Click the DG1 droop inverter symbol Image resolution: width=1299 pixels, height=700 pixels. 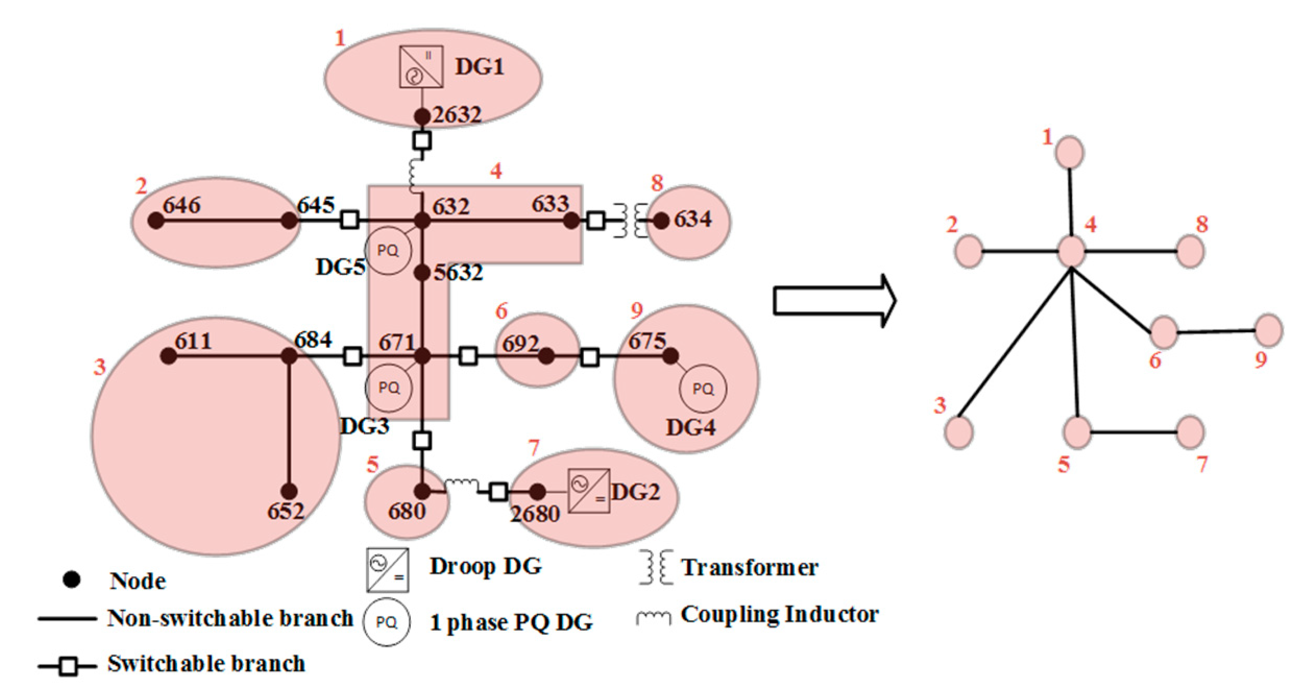pyautogui.click(x=421, y=67)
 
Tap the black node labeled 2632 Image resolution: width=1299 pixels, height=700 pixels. pyautogui.click(x=422, y=116)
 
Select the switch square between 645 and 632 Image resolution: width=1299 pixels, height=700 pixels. pyautogui.click(x=349, y=220)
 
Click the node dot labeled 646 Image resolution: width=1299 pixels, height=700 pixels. pyautogui.click(x=155, y=221)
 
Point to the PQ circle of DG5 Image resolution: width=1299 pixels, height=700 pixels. pyautogui.click(x=388, y=251)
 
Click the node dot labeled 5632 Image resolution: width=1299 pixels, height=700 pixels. pyautogui.click(x=422, y=272)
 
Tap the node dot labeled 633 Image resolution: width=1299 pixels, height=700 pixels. pyautogui.click(x=571, y=221)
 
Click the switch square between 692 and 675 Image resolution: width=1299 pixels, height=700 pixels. pyautogui.click(x=590, y=357)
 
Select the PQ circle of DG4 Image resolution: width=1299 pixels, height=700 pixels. pyautogui.click(x=703, y=389)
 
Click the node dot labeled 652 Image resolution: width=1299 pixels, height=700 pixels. pyautogui.click(x=289, y=491)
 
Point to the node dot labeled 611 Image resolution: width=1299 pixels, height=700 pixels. pyautogui.click(x=168, y=356)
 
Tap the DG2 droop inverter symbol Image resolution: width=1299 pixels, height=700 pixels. pyautogui.click(x=589, y=491)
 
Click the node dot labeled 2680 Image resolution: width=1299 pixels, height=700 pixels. pyautogui.click(x=537, y=491)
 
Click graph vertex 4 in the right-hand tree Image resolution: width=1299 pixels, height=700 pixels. pyautogui.click(x=1071, y=251)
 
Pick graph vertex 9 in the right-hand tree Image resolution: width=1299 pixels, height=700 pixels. pyautogui.click(x=1268, y=330)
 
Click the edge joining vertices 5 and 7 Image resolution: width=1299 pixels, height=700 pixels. pyautogui.click(x=1134, y=432)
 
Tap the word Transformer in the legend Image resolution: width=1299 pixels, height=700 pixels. pyautogui.click(x=750, y=568)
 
